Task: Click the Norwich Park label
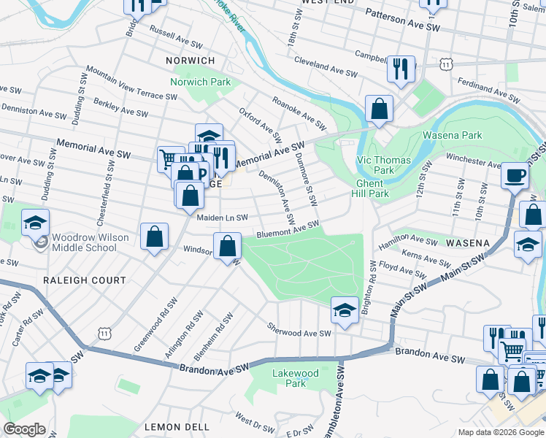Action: point(201,82)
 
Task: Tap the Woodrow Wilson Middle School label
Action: point(91,242)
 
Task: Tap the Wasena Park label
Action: point(453,135)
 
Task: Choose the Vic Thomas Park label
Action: point(383,165)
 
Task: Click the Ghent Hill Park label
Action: point(372,188)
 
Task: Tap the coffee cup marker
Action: point(516,176)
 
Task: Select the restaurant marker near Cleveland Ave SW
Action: point(401,69)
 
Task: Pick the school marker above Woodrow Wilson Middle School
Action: point(36,223)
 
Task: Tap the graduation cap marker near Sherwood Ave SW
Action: point(345,310)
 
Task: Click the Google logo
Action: point(24,429)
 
